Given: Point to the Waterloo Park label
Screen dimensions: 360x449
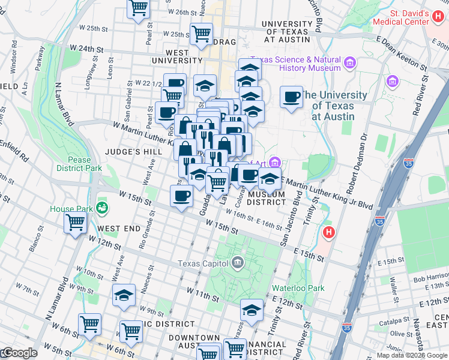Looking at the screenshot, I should [x=298, y=288].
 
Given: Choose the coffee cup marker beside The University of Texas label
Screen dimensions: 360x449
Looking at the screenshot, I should [x=292, y=97].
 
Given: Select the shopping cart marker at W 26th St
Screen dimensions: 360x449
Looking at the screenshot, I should [x=138, y=8].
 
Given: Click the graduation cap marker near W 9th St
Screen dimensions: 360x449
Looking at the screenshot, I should [x=124, y=296].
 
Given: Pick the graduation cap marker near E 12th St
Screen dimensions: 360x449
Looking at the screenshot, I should [x=252, y=310].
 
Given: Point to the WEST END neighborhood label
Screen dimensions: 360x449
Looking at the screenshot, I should [x=119, y=229].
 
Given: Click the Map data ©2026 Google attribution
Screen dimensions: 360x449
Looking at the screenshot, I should [x=412, y=355].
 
